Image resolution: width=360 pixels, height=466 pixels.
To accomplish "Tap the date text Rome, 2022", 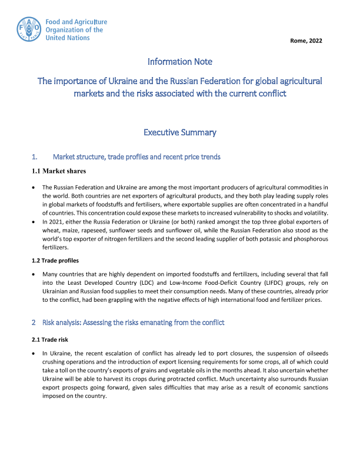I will click(306, 41).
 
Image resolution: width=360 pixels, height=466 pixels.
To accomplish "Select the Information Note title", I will click(179, 61).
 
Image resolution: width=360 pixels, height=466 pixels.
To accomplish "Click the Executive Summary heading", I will click(179, 132).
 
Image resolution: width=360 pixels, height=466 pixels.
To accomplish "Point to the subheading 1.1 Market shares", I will click(59, 171).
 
